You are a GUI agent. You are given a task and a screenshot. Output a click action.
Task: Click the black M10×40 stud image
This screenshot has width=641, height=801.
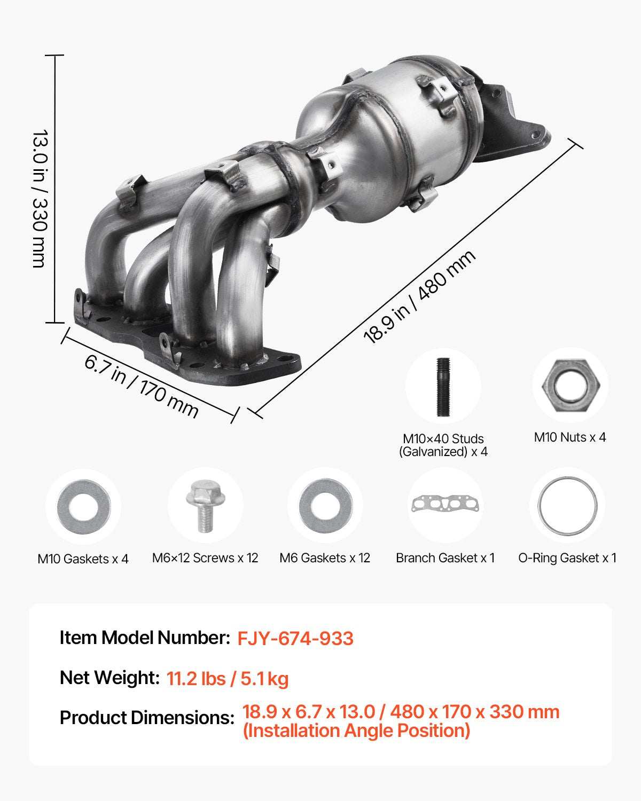click(443, 387)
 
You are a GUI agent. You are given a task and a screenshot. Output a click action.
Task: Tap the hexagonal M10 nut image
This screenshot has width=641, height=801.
click(570, 385)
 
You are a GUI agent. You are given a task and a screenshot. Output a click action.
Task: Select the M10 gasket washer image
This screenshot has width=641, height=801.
click(83, 507)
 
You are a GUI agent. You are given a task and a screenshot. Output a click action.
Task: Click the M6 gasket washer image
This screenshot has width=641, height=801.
click(325, 506)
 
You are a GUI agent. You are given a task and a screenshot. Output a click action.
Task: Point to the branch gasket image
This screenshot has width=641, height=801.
click(445, 504)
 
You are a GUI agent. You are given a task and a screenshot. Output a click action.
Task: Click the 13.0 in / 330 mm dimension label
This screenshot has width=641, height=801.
click(40, 198)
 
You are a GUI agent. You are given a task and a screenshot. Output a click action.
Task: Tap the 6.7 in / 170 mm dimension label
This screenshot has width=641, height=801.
click(142, 386)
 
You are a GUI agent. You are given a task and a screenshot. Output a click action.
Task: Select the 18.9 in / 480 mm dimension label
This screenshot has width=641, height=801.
click(419, 297)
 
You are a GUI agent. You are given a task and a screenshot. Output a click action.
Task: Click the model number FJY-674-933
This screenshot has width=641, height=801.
click(295, 639)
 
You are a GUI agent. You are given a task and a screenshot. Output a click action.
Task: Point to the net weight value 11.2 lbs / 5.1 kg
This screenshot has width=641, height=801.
click(228, 679)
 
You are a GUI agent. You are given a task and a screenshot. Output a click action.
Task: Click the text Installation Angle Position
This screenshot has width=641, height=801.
click(356, 731)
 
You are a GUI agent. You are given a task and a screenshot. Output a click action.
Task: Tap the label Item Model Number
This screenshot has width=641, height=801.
click(144, 638)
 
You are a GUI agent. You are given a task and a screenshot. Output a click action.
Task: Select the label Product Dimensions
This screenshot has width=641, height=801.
click(147, 718)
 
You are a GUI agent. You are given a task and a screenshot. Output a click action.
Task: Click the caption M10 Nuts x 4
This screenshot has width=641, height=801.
click(570, 437)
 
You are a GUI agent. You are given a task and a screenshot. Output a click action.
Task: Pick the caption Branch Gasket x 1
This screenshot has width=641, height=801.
click(445, 558)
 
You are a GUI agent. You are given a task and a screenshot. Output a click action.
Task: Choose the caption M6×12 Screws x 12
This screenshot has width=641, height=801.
click(205, 558)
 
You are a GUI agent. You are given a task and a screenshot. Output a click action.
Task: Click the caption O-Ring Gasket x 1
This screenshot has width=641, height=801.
click(567, 558)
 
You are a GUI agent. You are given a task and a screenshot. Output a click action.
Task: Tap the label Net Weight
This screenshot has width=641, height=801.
click(110, 678)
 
